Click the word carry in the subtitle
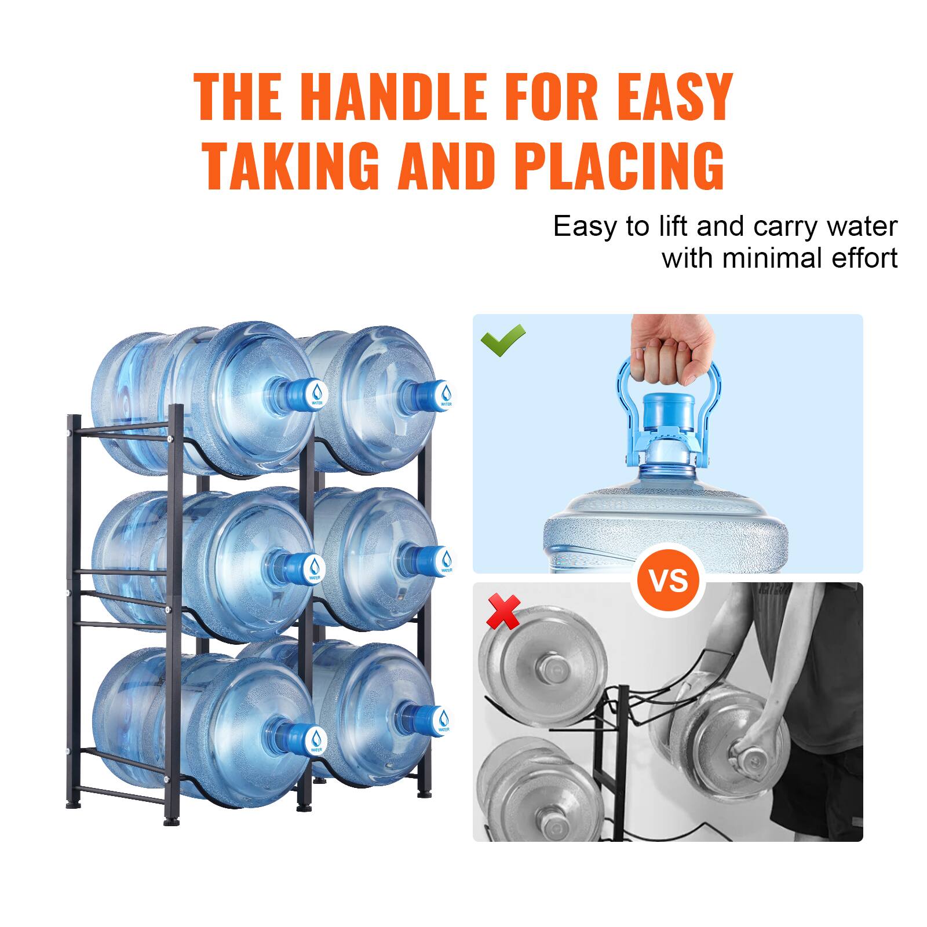782,227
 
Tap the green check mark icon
503,340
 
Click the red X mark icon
503,613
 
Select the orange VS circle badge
668,581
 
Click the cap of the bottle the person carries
752,758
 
